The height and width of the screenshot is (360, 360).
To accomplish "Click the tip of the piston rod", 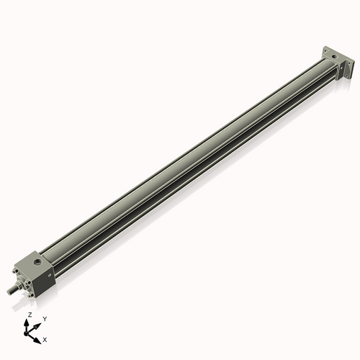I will pyautogui.click(x=9, y=291).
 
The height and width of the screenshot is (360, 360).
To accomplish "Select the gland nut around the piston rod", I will pyautogui.click(x=19, y=285).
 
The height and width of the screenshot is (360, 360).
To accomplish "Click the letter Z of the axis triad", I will pyautogui.click(x=30, y=315).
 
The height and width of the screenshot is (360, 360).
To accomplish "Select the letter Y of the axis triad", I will pyautogui.click(x=45, y=318).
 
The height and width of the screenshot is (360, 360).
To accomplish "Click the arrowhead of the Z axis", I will pyautogui.click(x=29, y=321).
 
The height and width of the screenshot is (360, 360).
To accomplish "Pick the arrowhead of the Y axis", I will pyautogui.click(x=38, y=323).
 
